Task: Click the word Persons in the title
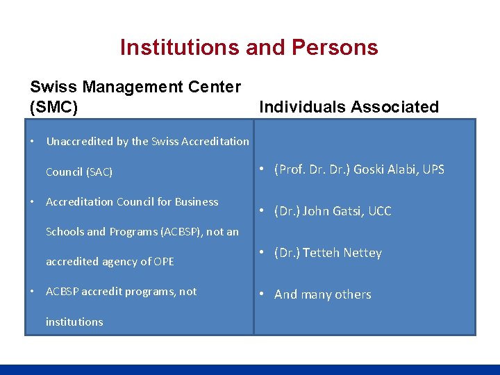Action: click(335, 47)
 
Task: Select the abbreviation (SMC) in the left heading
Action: click(54, 107)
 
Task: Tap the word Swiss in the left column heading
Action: click(53, 87)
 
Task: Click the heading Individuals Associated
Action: click(349, 107)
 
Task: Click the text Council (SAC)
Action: click(79, 172)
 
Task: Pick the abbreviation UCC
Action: click(380, 211)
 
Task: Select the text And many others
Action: click(323, 294)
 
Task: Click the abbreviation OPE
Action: click(164, 262)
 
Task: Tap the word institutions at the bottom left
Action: click(74, 322)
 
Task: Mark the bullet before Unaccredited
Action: click(33, 141)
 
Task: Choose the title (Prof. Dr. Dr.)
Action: click(312, 169)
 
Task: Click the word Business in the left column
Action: click(197, 201)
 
